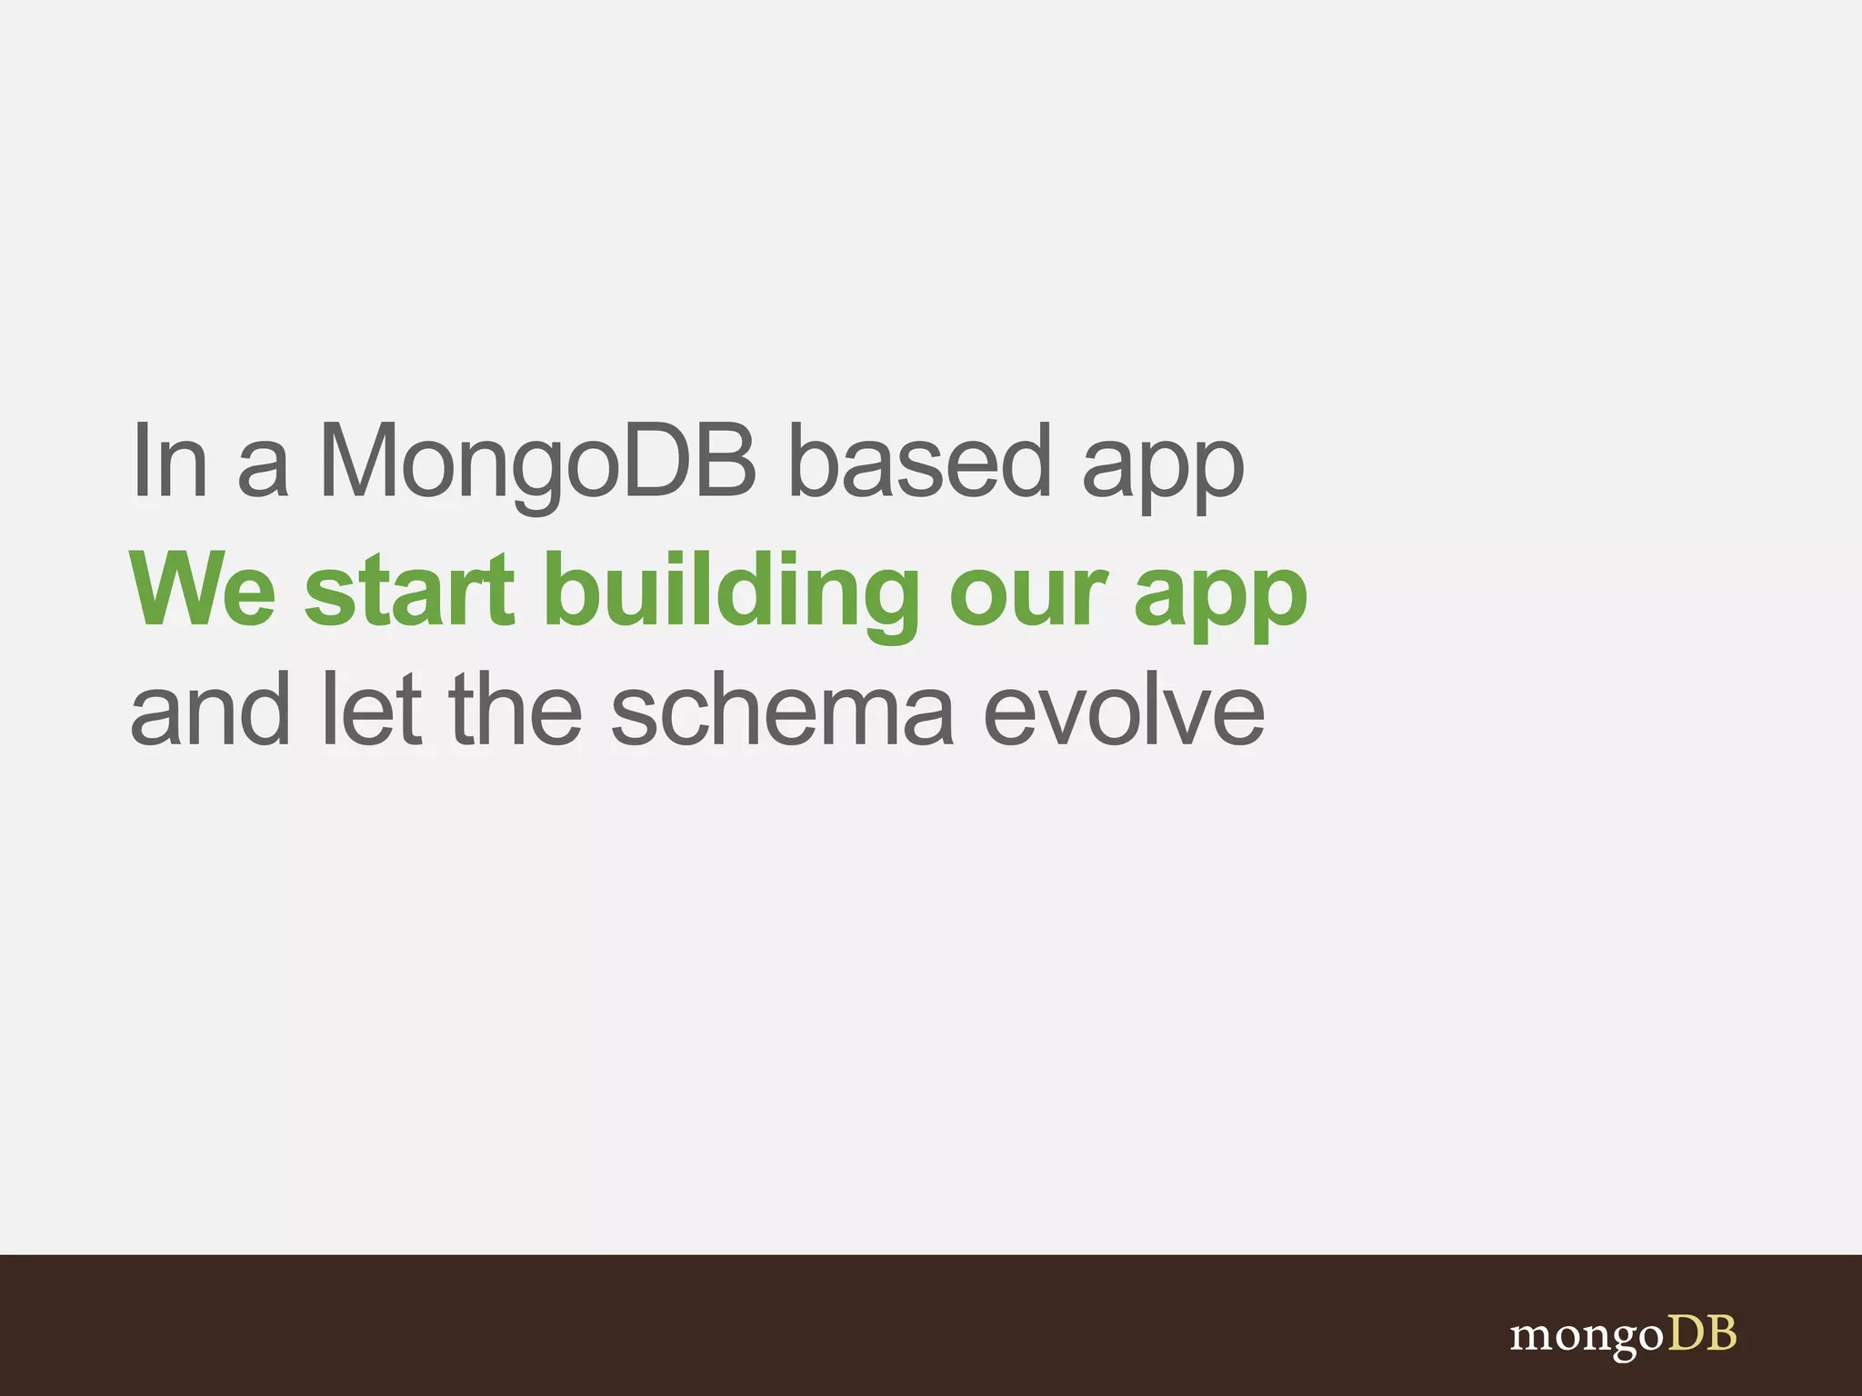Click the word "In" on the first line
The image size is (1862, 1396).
169,462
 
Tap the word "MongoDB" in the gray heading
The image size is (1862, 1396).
537,464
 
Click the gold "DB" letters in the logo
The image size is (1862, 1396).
1701,1333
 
